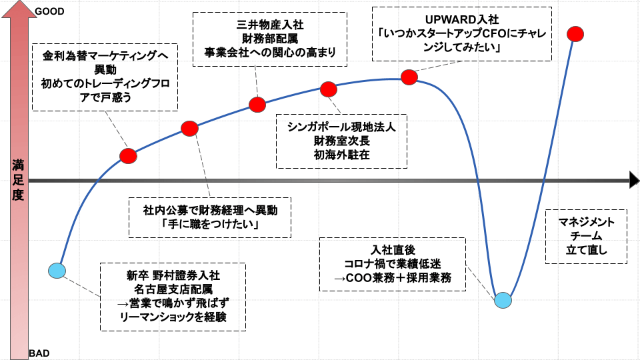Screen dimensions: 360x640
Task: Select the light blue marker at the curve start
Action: [57, 271]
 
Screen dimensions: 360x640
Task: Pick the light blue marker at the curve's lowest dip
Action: [503, 300]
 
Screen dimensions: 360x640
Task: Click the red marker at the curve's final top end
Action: [576, 33]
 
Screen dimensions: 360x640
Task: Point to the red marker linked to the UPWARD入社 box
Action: [409, 77]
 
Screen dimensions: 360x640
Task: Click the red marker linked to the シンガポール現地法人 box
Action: [329, 89]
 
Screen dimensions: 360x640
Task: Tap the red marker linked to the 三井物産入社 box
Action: [258, 104]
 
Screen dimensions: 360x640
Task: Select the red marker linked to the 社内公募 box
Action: [189, 128]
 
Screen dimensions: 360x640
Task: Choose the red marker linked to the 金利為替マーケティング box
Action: [128, 156]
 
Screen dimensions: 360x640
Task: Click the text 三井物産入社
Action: [270, 24]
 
